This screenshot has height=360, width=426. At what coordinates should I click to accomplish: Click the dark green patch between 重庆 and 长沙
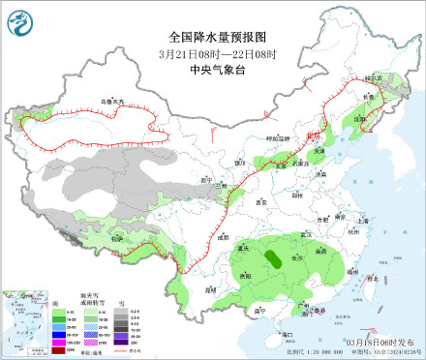click(276, 257)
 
